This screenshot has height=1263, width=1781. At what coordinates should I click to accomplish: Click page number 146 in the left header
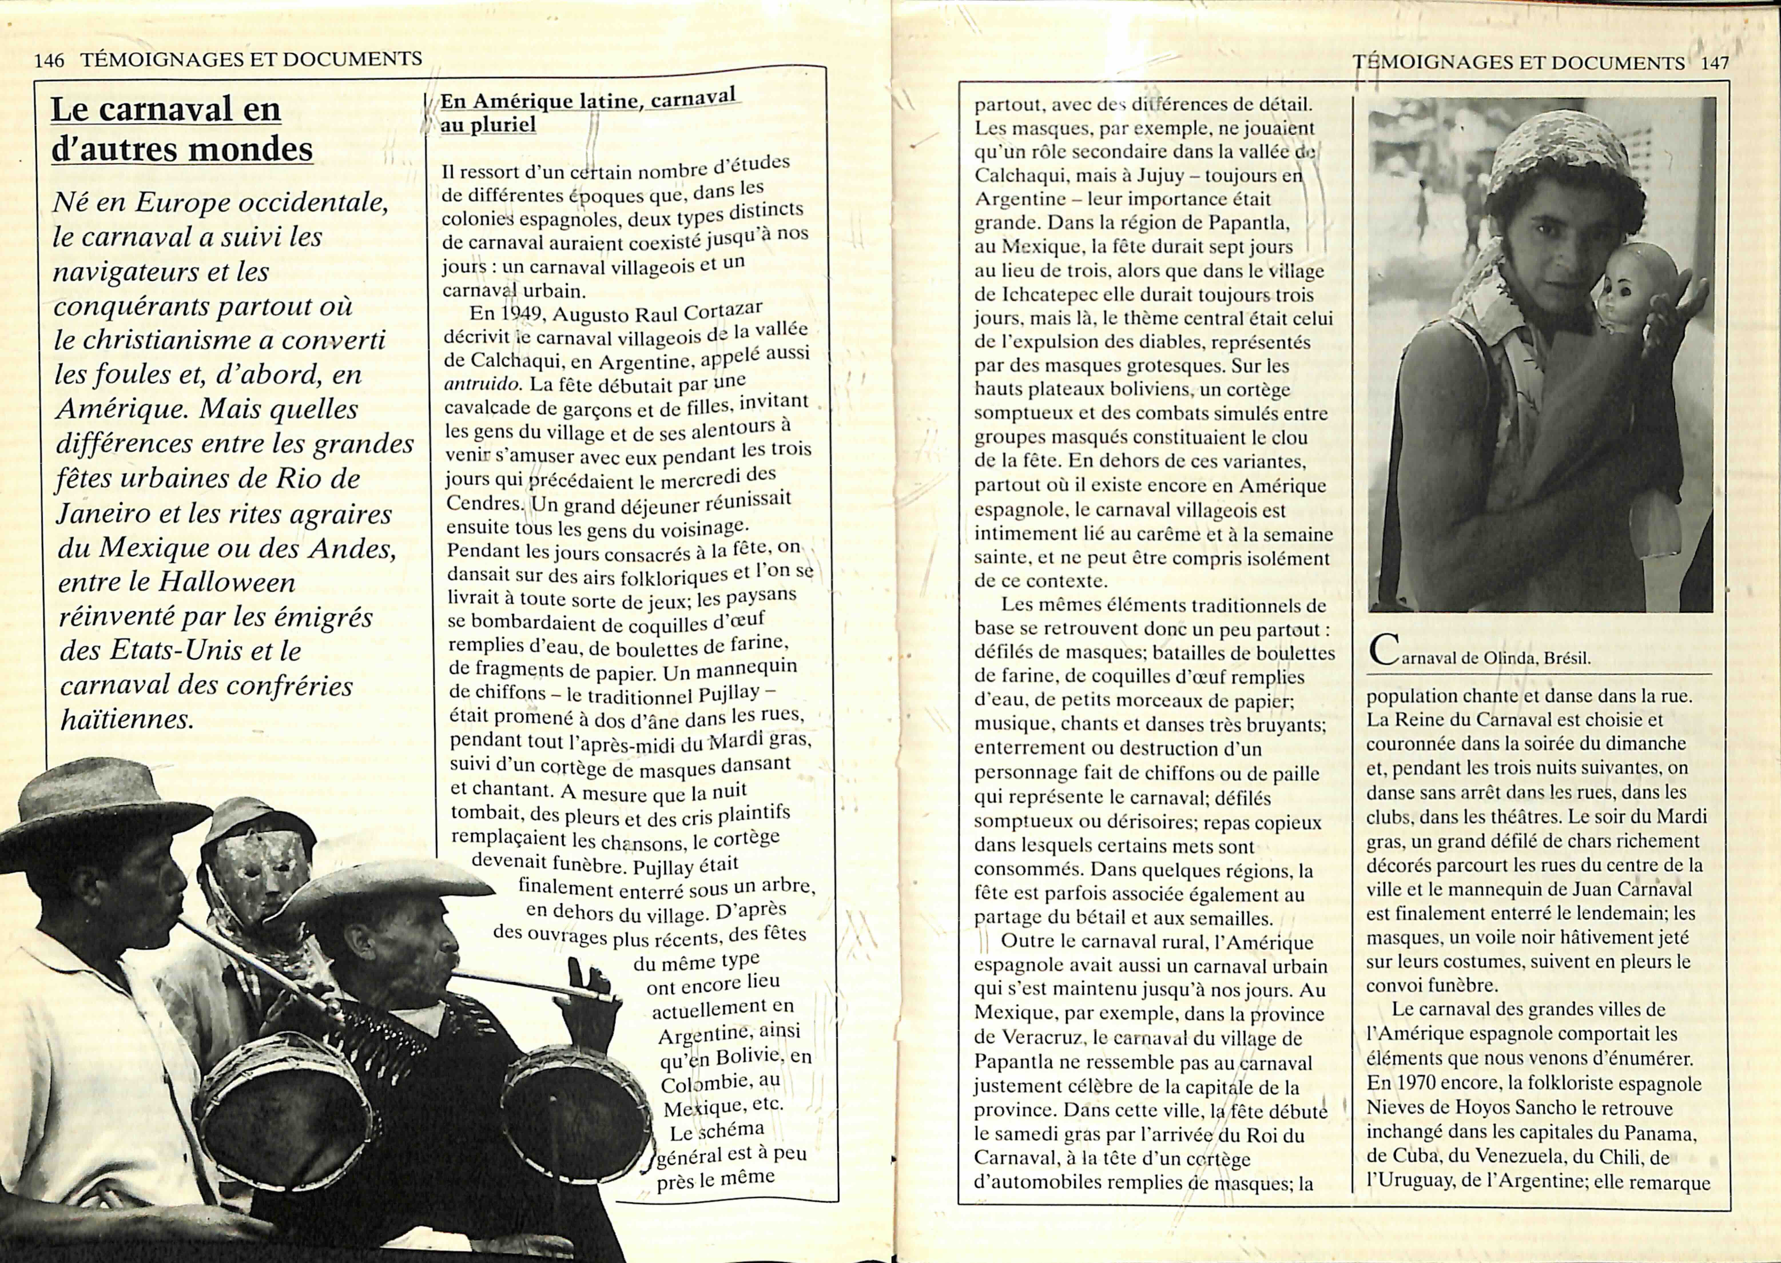[x=49, y=60]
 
